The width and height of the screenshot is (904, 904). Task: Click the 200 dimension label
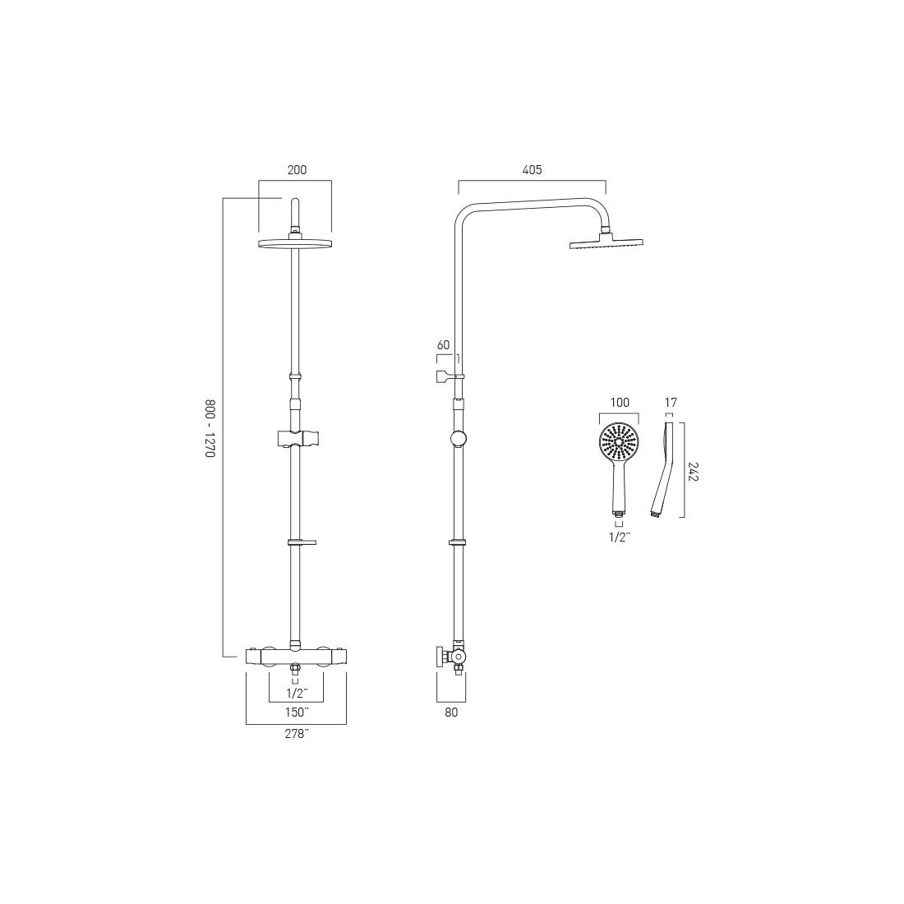tap(297, 170)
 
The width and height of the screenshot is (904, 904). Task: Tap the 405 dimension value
tap(533, 170)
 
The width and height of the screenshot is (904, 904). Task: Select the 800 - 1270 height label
tap(210, 429)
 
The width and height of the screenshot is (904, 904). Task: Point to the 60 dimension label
tap(443, 345)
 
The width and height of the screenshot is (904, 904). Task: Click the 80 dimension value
tap(451, 713)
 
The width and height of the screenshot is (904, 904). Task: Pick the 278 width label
tap(297, 734)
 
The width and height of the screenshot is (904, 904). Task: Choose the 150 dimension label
tap(297, 713)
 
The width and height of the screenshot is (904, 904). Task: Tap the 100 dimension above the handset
tap(620, 403)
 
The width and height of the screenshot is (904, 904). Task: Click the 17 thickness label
tap(671, 403)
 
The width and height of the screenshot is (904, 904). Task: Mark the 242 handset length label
tap(694, 470)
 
